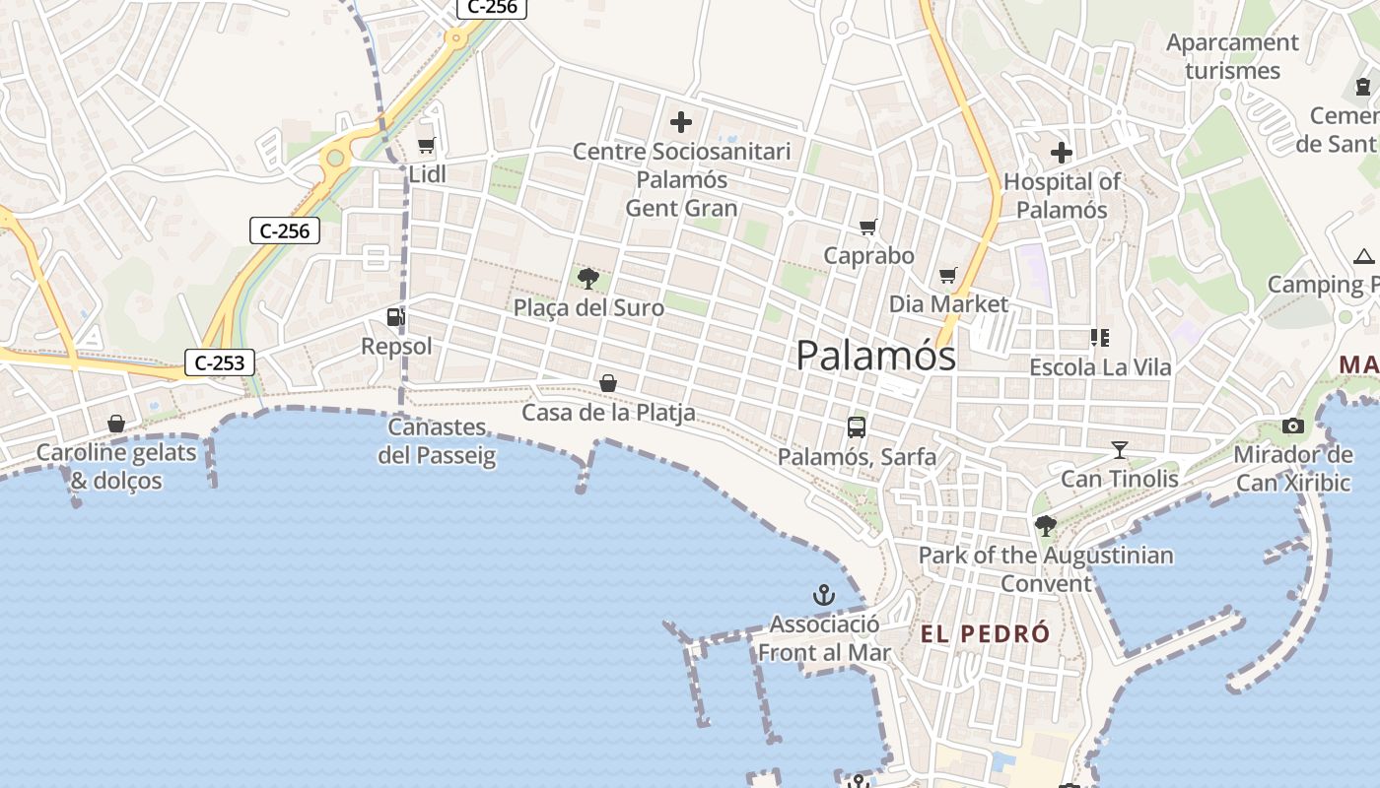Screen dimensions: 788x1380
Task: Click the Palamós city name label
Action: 875,356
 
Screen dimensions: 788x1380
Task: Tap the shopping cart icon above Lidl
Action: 426,146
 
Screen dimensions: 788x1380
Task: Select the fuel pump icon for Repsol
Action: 395,317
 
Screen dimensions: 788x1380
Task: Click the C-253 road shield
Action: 219,362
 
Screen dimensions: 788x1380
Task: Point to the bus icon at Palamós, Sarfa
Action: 857,427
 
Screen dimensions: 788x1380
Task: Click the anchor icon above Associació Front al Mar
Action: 823,595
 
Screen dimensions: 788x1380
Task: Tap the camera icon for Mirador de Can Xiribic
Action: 1293,426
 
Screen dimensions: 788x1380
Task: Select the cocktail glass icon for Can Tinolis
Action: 1119,450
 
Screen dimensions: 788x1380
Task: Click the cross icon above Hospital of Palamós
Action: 1062,153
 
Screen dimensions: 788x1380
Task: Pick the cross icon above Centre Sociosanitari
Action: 681,123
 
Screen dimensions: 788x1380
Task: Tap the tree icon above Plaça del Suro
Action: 588,279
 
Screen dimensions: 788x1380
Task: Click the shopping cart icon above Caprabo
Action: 868,228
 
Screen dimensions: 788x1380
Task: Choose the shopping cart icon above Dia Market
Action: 948,276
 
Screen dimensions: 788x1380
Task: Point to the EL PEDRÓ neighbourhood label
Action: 986,634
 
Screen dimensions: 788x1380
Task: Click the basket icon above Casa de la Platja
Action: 608,383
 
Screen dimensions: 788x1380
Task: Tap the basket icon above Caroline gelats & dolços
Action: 116,424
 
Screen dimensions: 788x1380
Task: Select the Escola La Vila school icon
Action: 1100,339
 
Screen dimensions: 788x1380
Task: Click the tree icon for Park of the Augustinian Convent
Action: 1045,526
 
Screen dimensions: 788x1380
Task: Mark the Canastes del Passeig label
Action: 437,441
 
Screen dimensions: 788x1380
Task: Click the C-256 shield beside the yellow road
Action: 285,231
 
